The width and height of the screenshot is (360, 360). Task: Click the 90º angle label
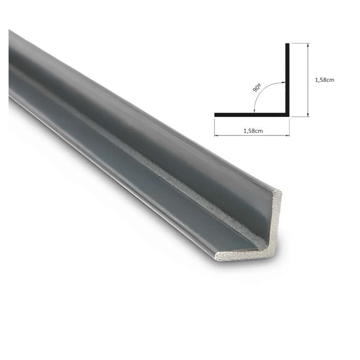(x=257, y=88)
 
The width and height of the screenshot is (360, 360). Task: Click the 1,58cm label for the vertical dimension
(x=324, y=80)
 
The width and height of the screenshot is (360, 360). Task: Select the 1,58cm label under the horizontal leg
(x=253, y=131)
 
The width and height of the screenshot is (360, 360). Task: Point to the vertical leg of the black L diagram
(x=287, y=80)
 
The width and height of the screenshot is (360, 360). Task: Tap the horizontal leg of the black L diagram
(x=252, y=115)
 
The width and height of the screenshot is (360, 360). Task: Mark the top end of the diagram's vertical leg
(x=287, y=43)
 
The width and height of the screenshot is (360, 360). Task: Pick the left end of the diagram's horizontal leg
(x=215, y=115)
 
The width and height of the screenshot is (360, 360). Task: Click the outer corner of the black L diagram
(x=289, y=117)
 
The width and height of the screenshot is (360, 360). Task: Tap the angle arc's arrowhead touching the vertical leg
(x=284, y=82)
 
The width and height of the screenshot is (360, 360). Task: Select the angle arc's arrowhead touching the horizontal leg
(x=254, y=111)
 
